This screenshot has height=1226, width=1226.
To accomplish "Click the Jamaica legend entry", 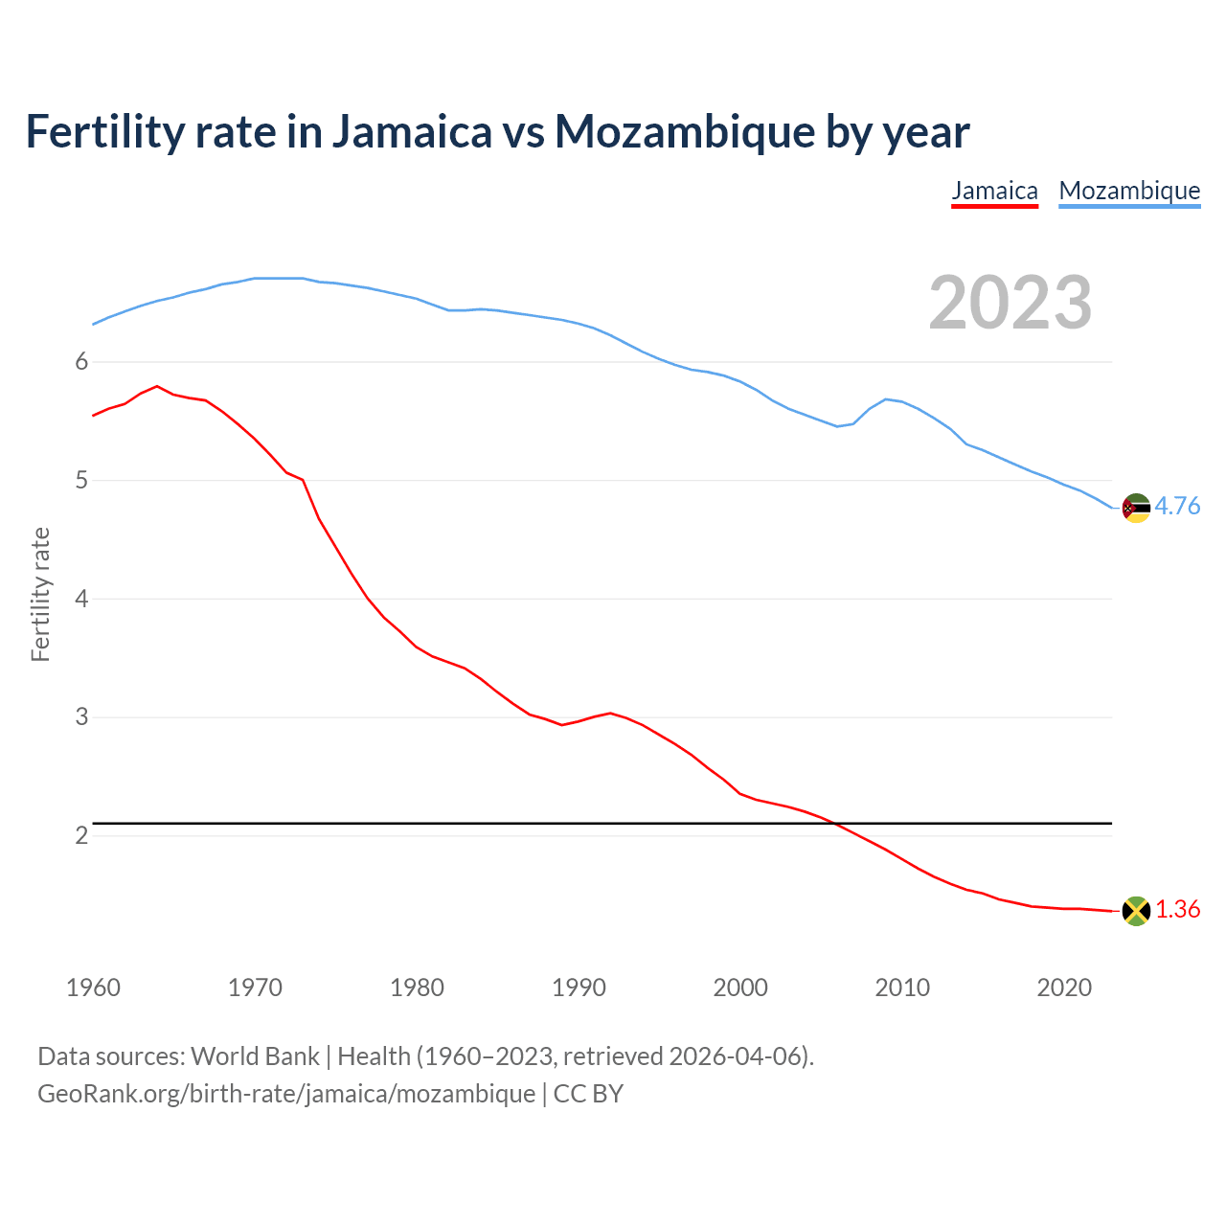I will click(994, 192).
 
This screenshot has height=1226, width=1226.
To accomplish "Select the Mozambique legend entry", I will click(1129, 192).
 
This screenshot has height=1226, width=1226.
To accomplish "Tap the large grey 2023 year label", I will click(1010, 303).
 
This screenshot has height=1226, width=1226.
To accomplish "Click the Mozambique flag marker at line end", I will click(1136, 508).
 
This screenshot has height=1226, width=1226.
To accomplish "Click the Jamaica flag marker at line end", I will click(1136, 911).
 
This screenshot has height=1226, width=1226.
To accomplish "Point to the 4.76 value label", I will click(1177, 507).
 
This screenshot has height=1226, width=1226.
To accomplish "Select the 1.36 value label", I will click(1177, 910).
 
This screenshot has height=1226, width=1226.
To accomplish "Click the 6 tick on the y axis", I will click(81, 362).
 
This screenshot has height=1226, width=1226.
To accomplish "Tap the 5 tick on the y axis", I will click(81, 480).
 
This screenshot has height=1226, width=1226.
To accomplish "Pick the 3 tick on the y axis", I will click(81, 717).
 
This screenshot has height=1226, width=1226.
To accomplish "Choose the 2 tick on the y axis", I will click(81, 836).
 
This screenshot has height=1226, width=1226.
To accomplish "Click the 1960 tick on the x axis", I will click(93, 988).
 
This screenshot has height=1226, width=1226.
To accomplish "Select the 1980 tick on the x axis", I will click(417, 988).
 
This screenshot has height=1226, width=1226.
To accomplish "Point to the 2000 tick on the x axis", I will click(740, 988).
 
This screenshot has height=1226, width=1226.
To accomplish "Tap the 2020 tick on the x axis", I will click(1064, 988).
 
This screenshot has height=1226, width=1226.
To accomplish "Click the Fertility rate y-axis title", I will click(40, 595).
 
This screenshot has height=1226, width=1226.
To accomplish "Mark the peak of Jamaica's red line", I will click(157, 386).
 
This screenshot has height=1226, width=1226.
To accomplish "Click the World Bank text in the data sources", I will click(255, 1056).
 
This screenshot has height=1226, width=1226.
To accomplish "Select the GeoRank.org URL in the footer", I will click(286, 1094).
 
